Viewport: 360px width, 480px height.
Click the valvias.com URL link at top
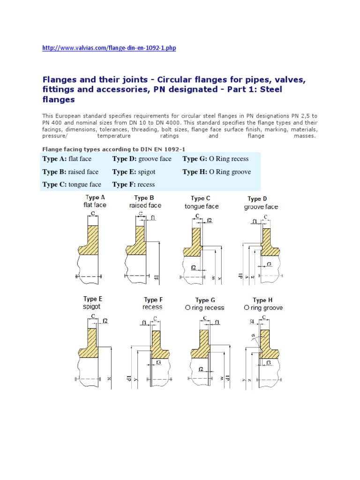[x=109, y=48]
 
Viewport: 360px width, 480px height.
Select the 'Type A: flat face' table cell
[x=67, y=159]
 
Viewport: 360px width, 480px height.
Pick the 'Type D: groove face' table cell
[x=142, y=159]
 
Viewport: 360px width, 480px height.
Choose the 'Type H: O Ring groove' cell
[x=217, y=172]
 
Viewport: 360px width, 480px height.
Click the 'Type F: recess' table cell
[x=134, y=185]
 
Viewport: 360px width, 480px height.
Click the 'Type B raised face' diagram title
[x=145, y=202]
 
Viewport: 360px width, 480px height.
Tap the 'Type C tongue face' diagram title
[x=202, y=202]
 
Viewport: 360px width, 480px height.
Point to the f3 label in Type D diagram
[x=269, y=264]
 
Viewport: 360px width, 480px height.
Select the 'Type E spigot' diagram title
[x=92, y=302]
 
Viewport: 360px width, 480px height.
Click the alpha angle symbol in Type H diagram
[x=251, y=336]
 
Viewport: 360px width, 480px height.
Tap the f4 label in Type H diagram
[x=253, y=322]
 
